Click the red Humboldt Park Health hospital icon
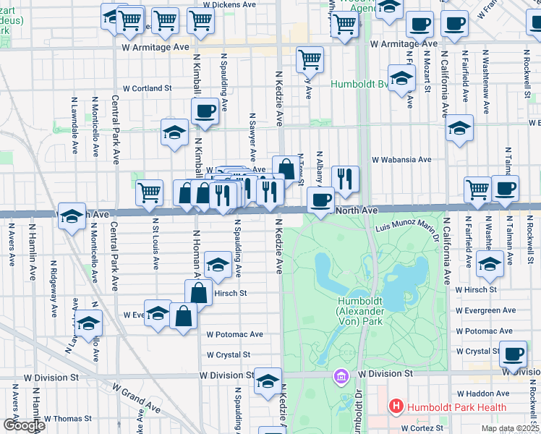click(x=396, y=407)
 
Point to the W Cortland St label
click(x=147, y=88)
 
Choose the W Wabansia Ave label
click(x=401, y=159)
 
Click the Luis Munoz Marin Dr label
click(x=408, y=229)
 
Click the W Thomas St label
click(x=67, y=418)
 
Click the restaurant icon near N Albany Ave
click(x=345, y=178)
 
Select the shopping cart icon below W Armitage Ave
click(x=310, y=58)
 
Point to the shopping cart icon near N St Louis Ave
click(x=149, y=192)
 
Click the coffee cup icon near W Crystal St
click(x=514, y=354)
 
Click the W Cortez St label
click(x=417, y=427)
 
